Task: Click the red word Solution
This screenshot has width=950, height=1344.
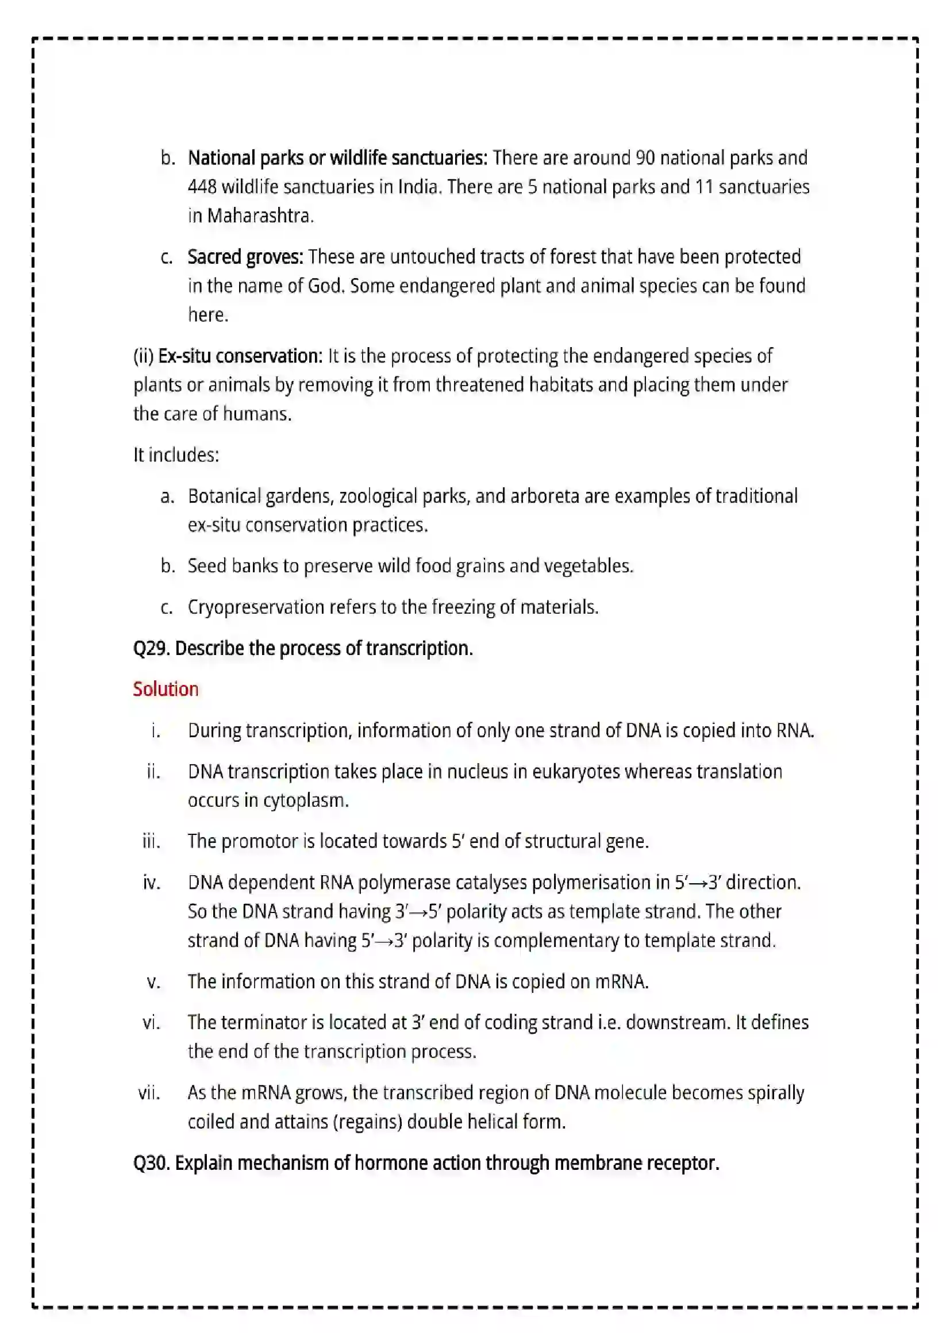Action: (166, 689)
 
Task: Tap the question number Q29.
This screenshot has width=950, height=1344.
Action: (151, 649)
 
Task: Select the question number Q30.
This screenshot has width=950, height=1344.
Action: (151, 1162)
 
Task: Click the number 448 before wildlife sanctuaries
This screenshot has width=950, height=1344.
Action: (202, 187)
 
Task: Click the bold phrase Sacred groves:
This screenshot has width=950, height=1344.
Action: (245, 257)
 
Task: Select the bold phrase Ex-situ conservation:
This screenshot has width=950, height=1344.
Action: (240, 356)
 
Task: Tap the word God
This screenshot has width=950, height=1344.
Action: (325, 286)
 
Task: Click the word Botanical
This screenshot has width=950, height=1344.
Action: (224, 496)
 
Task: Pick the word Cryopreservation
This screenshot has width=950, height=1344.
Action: (256, 607)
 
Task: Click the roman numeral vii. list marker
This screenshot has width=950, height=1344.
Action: (149, 1093)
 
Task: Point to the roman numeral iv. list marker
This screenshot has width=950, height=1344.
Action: (152, 883)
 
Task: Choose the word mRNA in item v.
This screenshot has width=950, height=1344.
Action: (621, 981)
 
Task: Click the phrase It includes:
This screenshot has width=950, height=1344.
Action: (176, 455)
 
